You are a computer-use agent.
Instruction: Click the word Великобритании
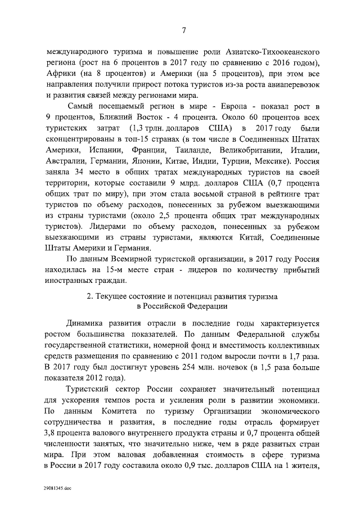click(x=256, y=151)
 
